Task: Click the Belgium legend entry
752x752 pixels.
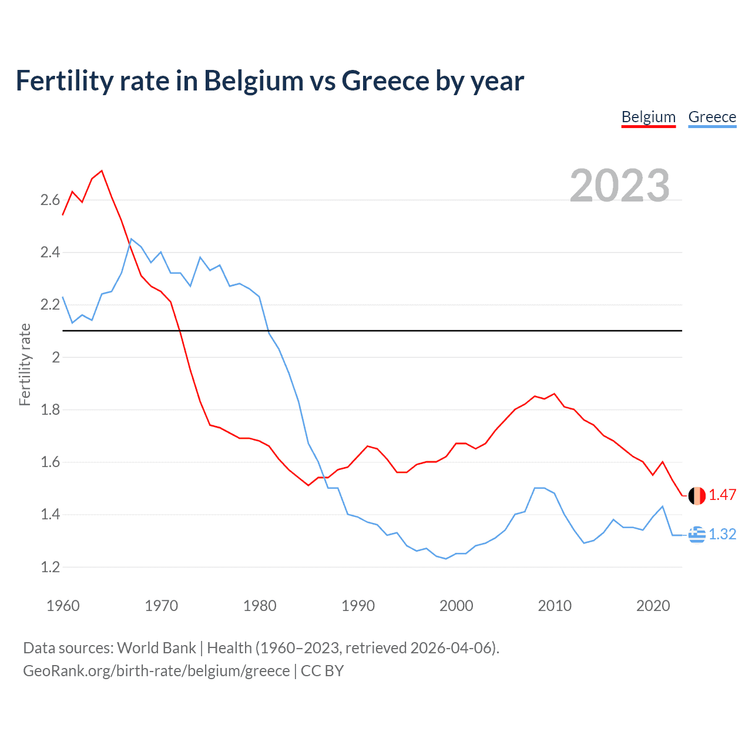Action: pyautogui.click(x=649, y=117)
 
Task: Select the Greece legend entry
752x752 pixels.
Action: pyautogui.click(x=712, y=117)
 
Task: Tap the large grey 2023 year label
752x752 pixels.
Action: pyautogui.click(x=620, y=186)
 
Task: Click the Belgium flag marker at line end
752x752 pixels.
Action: pyautogui.click(x=697, y=495)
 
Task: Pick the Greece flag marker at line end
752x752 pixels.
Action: pyautogui.click(x=697, y=535)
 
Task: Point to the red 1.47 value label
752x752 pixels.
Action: pyautogui.click(x=722, y=495)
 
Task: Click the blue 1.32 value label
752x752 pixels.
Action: pyautogui.click(x=722, y=535)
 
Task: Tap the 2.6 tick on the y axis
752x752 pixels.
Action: pyautogui.click(x=50, y=200)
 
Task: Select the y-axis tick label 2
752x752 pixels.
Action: pyautogui.click(x=56, y=357)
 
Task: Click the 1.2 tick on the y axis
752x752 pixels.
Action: pyautogui.click(x=50, y=568)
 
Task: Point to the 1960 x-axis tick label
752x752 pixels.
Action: pyautogui.click(x=63, y=606)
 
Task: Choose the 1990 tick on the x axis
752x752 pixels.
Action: pyautogui.click(x=358, y=606)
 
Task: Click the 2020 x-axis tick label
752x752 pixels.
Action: pyautogui.click(x=653, y=606)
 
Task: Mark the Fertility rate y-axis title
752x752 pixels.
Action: pyautogui.click(x=25, y=364)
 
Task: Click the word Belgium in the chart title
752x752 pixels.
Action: pyautogui.click(x=253, y=81)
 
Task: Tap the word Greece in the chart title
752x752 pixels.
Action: pyautogui.click(x=385, y=81)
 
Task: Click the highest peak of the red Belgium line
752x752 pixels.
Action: pyautogui.click(x=102, y=171)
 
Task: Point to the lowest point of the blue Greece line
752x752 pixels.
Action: pyautogui.click(x=446, y=559)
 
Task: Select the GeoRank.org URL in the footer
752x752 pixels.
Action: pyautogui.click(x=156, y=671)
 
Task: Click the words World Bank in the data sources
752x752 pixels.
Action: pyautogui.click(x=156, y=648)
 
